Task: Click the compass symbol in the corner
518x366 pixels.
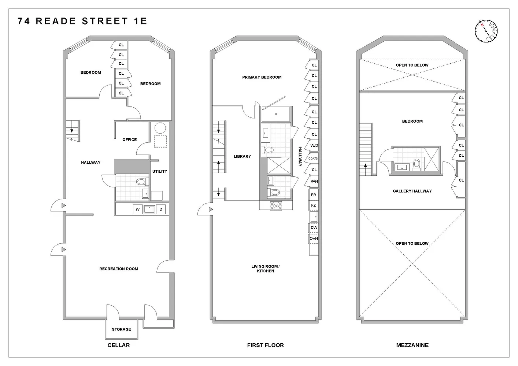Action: (486, 30)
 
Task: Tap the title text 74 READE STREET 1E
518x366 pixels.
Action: (82, 21)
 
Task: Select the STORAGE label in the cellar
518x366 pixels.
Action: (121, 329)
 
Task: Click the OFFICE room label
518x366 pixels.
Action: (129, 140)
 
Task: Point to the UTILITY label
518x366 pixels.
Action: (160, 171)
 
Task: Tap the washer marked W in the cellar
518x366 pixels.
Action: (138, 209)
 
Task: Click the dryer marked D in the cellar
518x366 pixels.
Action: (161, 209)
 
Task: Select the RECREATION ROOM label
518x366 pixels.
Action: (119, 269)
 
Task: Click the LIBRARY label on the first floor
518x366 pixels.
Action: (242, 156)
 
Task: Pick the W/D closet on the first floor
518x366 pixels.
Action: (314, 146)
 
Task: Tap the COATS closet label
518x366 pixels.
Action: (313, 158)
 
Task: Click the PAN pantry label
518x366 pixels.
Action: (314, 182)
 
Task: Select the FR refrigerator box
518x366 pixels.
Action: (314, 195)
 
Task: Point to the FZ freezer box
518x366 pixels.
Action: (314, 206)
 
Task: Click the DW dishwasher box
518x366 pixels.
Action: (314, 228)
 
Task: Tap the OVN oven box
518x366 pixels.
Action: (314, 239)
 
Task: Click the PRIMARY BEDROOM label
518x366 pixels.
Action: (262, 77)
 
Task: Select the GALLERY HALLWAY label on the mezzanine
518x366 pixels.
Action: (412, 191)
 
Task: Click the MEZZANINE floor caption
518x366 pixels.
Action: (412, 345)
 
